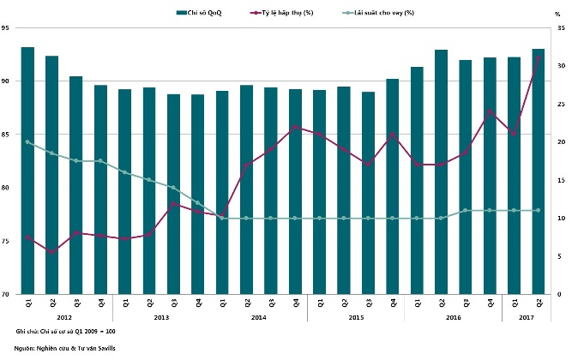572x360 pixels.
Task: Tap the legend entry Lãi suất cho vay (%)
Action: [x=384, y=13]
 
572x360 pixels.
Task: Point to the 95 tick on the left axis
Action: [x=6, y=28]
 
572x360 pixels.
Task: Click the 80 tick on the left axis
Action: [x=6, y=188]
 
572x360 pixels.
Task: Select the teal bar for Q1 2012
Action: [x=27, y=171]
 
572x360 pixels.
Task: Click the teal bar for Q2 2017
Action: [x=539, y=171]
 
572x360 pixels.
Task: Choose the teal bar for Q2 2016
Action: [x=441, y=171]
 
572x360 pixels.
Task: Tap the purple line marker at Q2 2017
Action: [x=539, y=58]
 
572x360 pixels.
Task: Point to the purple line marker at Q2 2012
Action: [x=52, y=252]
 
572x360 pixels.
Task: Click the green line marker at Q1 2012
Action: [x=27, y=142]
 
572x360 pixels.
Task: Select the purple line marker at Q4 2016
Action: [x=490, y=111]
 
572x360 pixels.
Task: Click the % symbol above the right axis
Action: [x=557, y=15]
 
